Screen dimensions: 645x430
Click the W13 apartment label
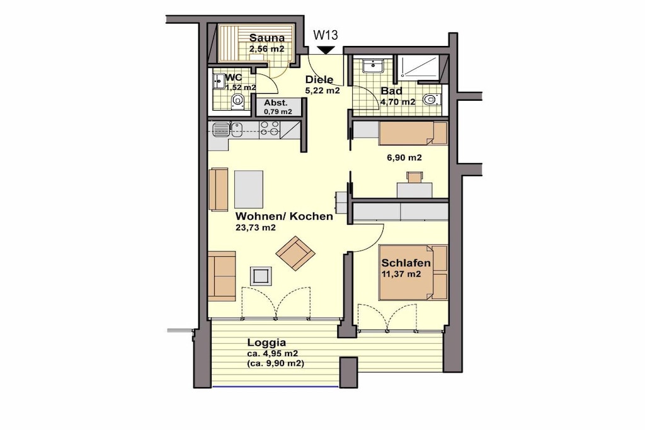point(326,35)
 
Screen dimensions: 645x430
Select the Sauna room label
point(267,38)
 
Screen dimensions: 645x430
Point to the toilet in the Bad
point(431,99)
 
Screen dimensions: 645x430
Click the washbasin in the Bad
point(374,65)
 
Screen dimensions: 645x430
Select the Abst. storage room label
point(276,103)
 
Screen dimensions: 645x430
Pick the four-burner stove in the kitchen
point(270,128)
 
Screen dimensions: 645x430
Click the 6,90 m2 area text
point(404,157)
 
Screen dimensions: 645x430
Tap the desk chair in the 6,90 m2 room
point(414,177)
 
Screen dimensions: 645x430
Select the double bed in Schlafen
point(413,272)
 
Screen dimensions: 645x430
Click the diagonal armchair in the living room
point(295,253)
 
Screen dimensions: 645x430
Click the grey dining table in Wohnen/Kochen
point(249,189)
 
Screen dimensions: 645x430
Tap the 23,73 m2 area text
point(256,228)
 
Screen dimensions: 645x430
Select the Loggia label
point(266,342)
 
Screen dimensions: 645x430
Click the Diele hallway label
point(319,80)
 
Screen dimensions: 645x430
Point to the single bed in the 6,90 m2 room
point(413,133)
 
